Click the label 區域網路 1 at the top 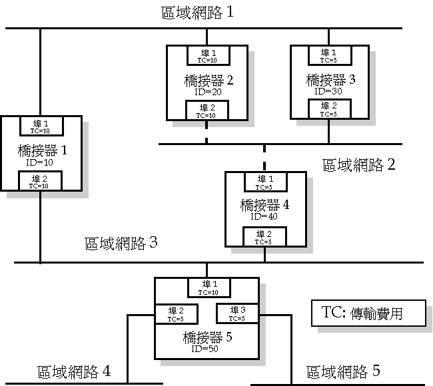click(x=197, y=13)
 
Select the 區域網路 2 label click(x=358, y=164)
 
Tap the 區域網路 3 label click(x=121, y=243)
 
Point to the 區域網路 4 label click(x=73, y=371)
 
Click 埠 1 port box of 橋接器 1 click(x=40, y=126)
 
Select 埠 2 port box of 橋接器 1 click(x=40, y=181)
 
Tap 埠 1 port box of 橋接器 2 click(x=206, y=55)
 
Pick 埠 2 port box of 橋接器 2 click(x=206, y=110)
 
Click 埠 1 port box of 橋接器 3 click(x=328, y=55)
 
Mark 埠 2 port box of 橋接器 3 click(x=328, y=109)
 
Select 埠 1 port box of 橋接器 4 click(x=264, y=182)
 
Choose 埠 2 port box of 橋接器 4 click(x=264, y=237)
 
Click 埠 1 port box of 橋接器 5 click(x=207, y=288)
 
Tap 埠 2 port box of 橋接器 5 click(x=175, y=313)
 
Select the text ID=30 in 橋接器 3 click(x=328, y=91)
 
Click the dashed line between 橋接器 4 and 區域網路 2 click(x=264, y=158)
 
